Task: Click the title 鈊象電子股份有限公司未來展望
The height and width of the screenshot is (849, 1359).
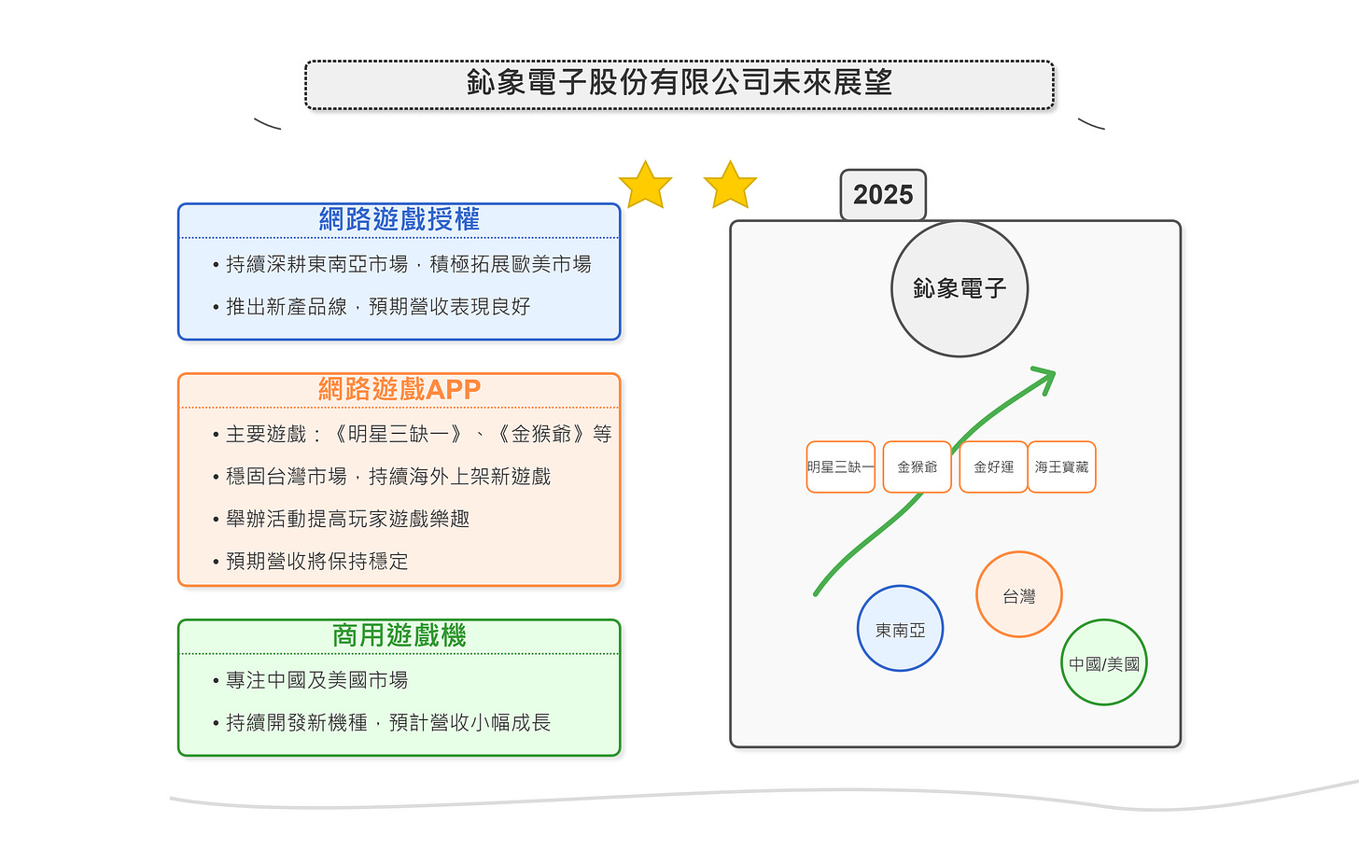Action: click(679, 84)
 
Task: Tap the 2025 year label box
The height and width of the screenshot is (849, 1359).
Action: click(883, 195)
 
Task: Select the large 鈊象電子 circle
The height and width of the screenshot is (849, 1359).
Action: click(960, 288)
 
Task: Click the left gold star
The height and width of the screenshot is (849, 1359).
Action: click(645, 186)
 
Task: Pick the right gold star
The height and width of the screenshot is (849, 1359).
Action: click(730, 186)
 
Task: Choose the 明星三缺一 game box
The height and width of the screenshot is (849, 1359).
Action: click(841, 466)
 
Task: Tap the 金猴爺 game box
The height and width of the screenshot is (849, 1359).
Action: click(917, 466)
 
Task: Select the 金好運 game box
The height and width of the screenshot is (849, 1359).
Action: click(993, 466)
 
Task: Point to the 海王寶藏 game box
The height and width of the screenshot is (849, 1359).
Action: click(1062, 466)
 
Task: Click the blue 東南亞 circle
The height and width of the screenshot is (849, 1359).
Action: click(900, 630)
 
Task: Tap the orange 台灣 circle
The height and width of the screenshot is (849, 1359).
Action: click(1019, 595)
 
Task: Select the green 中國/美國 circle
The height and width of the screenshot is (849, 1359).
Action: click(1104, 663)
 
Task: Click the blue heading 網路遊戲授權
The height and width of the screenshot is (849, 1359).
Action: click(399, 219)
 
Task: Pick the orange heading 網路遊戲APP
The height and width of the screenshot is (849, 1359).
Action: click(399, 389)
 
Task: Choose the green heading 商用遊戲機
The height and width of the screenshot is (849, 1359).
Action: click(399, 635)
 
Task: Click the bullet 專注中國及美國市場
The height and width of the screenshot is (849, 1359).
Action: click(316, 680)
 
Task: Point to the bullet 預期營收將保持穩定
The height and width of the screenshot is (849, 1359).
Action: click(316, 561)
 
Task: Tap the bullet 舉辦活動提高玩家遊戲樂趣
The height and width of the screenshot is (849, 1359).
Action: click(347, 519)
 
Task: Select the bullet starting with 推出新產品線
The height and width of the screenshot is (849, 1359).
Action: click(378, 306)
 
